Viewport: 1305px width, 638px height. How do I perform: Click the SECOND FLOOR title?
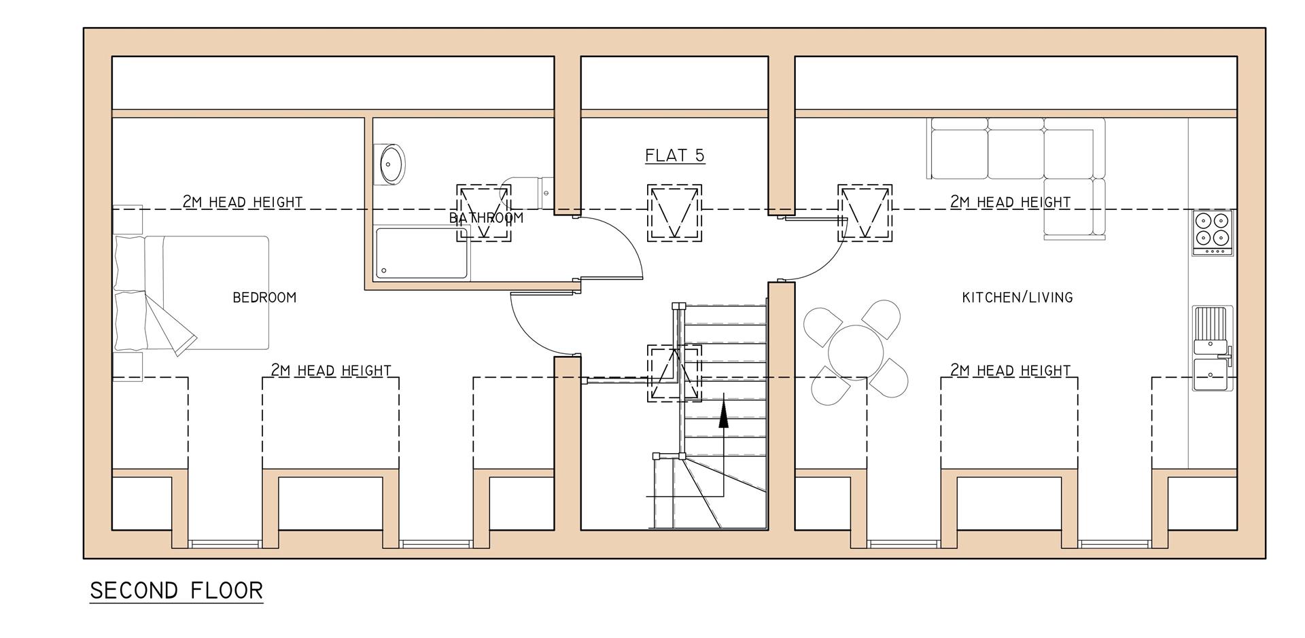point(176,590)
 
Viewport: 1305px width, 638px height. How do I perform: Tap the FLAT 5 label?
point(674,156)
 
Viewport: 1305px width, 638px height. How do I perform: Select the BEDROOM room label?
point(264,298)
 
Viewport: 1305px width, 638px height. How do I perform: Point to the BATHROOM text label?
point(486,218)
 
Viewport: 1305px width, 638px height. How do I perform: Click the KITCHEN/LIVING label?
point(1017,297)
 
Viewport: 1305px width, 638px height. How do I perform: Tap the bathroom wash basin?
point(391,164)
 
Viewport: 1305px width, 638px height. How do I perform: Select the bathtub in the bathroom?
point(422,253)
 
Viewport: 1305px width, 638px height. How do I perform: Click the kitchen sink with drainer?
point(1212,350)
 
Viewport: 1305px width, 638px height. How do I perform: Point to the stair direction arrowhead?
point(724,415)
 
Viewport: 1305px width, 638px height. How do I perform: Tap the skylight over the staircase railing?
point(674,373)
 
